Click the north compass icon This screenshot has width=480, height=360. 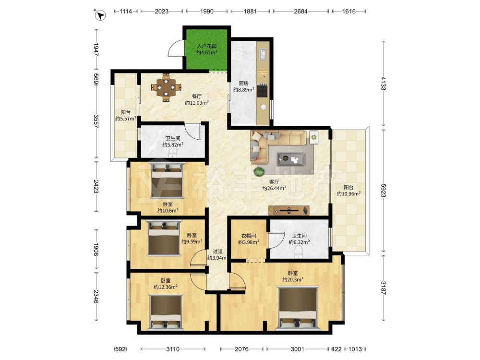click(100, 15)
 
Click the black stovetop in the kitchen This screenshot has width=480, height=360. click(263, 91)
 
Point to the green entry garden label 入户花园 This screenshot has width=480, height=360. click(206, 46)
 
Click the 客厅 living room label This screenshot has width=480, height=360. click(274, 182)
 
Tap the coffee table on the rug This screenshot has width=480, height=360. click(291, 159)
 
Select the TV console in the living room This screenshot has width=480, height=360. click(288, 210)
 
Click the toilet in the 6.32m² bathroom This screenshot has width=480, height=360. click(298, 252)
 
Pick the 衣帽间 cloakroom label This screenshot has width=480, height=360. click(249, 236)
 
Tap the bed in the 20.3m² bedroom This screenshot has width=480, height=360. click(298, 308)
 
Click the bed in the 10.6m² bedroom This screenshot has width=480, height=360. click(168, 180)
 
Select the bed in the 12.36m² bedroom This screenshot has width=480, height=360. click(165, 312)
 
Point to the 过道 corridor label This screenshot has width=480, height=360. click(217, 252)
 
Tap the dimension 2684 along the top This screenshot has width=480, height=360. click(300, 12)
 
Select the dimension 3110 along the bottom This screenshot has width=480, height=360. click(173, 349)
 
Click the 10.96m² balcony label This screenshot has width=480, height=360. click(348, 193)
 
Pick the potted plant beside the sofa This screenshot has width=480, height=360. click(259, 172)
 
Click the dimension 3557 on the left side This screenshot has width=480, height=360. click(96, 121)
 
